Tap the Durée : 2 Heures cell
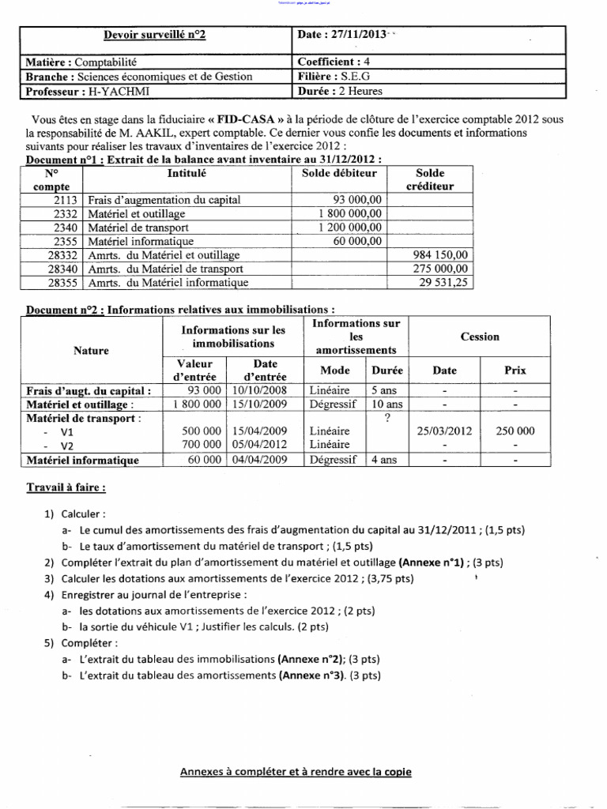coord(340,91)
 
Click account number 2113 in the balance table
coord(66,200)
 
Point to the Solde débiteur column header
coord(339,173)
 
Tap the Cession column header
coord(480,337)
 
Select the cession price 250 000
coord(515,431)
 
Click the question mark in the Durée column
coord(386,418)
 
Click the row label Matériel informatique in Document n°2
coord(83,460)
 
